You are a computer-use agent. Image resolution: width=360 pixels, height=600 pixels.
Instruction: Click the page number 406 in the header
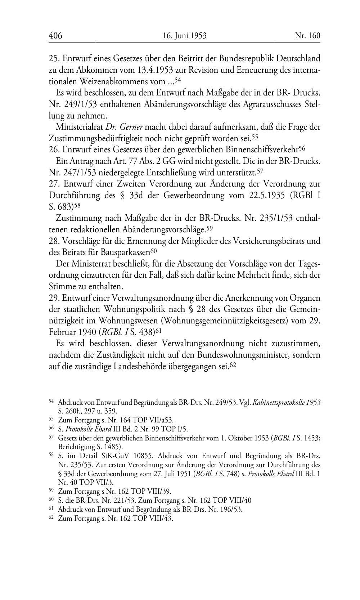55,36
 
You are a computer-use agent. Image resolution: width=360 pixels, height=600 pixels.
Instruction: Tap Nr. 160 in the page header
307,36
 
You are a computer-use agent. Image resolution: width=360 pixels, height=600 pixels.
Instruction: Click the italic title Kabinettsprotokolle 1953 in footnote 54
287,402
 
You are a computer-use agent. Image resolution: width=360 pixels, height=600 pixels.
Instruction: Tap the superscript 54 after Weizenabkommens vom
177,79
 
